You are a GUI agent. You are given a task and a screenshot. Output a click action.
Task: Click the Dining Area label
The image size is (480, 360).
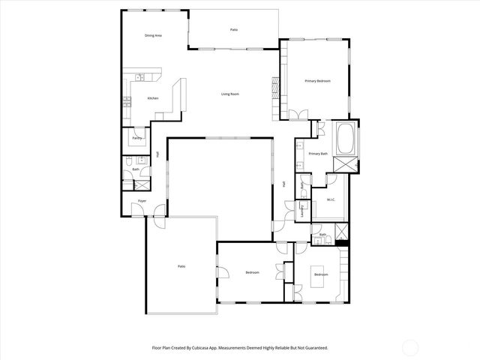coord(154,35)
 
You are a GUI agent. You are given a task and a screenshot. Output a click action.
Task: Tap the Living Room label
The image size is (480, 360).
coord(229,94)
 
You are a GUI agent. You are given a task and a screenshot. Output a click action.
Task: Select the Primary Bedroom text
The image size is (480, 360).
coord(317,81)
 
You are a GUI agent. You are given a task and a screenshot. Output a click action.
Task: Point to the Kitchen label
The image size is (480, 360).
coord(153,98)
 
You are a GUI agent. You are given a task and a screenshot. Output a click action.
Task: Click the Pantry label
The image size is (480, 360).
coord(137,138)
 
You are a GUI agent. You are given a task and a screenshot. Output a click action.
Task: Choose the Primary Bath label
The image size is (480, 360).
coord(318,154)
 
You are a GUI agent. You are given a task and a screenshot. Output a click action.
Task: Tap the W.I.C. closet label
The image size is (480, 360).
coord(331,199)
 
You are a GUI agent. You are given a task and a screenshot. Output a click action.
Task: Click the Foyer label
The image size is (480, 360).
coord(142,202)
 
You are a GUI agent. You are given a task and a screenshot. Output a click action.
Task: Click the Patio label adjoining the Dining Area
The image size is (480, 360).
coord(234,30)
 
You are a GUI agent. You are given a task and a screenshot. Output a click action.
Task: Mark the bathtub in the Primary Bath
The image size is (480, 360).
coord(346,138)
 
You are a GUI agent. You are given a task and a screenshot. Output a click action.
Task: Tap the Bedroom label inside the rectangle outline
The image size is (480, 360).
coord(321,274)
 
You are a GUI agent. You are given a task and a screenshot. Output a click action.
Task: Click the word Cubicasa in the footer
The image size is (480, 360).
coord(211,348)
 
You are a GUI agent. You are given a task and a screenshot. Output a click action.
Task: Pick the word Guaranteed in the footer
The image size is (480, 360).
coord(310,348)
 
